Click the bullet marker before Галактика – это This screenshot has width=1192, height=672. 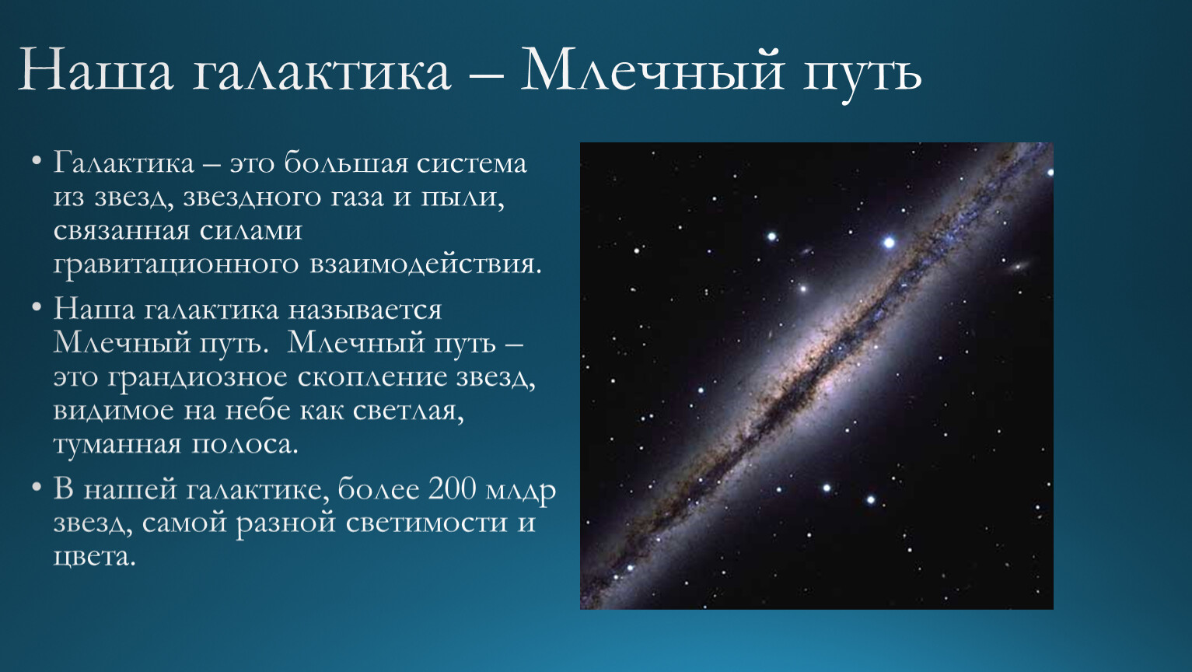pos(37,160)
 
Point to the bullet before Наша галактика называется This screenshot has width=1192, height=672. pos(37,307)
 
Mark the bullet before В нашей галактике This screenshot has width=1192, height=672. pos(37,487)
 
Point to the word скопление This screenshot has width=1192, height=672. pos(372,377)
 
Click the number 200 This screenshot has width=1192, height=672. pos(452,488)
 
